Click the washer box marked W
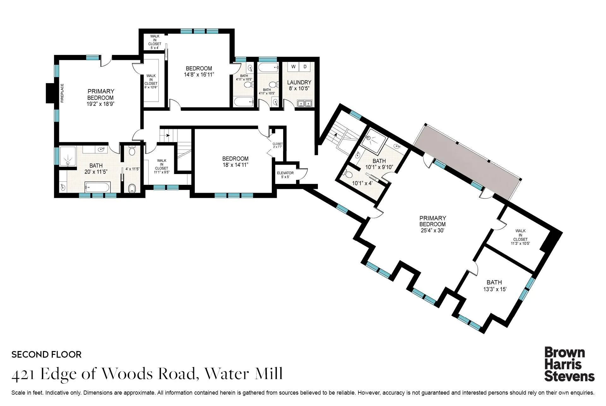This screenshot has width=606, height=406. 293,67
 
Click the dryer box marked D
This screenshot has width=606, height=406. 305,67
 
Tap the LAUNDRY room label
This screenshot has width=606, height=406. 299,82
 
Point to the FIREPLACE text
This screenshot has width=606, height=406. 62,93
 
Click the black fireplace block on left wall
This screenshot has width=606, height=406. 50,93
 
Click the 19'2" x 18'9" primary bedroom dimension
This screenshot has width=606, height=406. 101,104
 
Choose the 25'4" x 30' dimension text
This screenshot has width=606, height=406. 432,230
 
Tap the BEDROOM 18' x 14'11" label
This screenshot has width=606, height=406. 235,161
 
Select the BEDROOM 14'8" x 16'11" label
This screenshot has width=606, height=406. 199,71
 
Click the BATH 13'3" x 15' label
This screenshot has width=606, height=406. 495,286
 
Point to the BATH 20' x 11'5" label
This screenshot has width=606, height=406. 96,169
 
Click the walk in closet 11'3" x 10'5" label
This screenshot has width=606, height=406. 520,237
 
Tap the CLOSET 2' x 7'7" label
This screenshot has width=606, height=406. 278,145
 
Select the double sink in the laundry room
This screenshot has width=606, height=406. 304,103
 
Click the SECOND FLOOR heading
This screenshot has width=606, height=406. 46,354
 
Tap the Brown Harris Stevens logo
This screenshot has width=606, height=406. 569,364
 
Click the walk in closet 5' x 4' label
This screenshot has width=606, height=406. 155,42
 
